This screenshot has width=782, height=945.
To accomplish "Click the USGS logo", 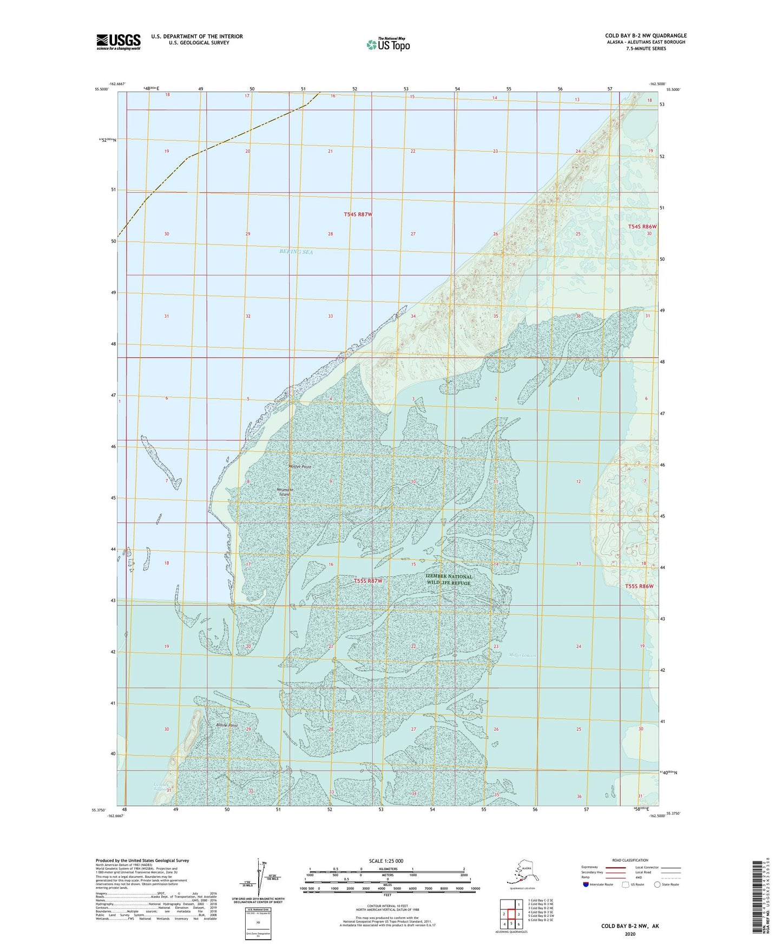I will coord(118,42).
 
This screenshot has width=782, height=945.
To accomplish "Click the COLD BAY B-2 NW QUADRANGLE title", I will coord(646,36).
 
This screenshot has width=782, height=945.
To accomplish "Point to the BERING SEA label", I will coord(296,252).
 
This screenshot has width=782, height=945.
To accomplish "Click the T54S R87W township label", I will coord(358,214).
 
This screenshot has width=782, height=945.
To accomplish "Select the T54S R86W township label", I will coord(642,227).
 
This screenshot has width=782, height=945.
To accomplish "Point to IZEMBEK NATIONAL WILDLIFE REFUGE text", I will coord(449,580).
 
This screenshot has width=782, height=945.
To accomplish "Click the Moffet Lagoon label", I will coord(522,655).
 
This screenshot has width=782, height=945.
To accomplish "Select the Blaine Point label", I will coord(227,725).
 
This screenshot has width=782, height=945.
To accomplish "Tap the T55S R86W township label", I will coord(639,586).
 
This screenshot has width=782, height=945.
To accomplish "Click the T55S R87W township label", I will coord(368,581).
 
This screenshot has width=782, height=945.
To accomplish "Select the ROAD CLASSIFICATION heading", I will coord(629,860).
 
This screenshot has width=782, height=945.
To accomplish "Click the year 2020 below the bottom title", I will coord(629,934).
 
